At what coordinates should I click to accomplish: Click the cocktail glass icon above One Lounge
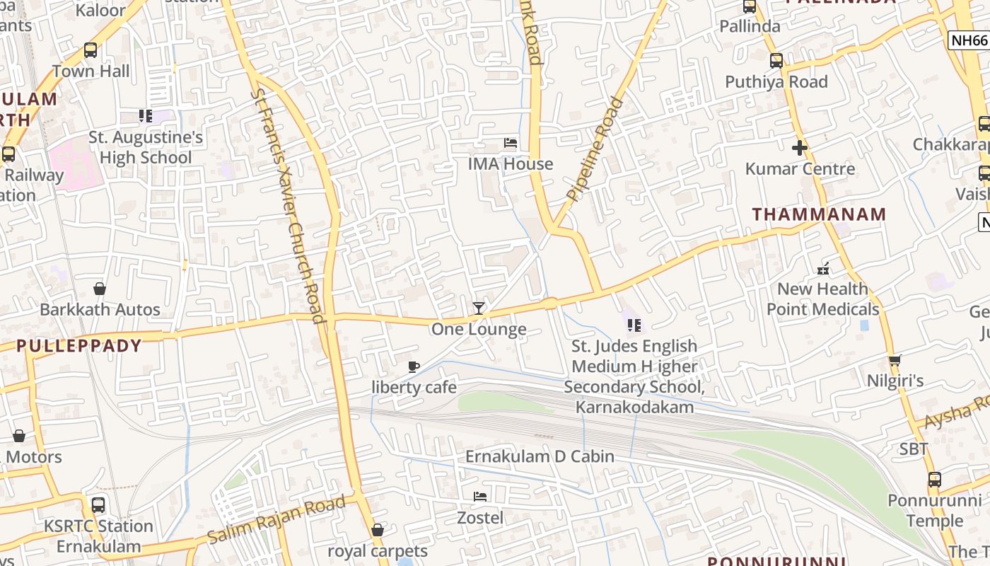point(479,308)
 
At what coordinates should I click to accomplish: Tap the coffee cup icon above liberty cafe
point(414,366)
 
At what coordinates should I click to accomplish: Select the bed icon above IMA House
point(511,143)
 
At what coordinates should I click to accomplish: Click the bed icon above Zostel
point(480,496)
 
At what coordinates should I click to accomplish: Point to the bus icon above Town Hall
point(91,50)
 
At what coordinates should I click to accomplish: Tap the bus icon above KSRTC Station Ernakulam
point(98,505)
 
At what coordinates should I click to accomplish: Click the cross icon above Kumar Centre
point(800,148)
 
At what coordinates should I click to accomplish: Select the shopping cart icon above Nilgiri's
point(895,361)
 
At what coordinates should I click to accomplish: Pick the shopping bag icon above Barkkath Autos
point(100,289)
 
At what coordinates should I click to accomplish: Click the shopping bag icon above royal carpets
point(378,530)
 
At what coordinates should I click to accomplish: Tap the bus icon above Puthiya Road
point(776,61)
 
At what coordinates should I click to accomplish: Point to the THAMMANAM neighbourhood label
point(819,214)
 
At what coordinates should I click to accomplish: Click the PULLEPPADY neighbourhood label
point(78,346)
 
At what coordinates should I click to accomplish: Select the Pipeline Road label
point(595,149)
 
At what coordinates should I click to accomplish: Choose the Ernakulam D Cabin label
point(540,456)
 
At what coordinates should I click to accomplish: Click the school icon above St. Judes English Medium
point(634,325)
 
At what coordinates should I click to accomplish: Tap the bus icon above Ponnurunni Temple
point(935,480)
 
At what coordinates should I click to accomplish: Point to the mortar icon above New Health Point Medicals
point(823,268)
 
